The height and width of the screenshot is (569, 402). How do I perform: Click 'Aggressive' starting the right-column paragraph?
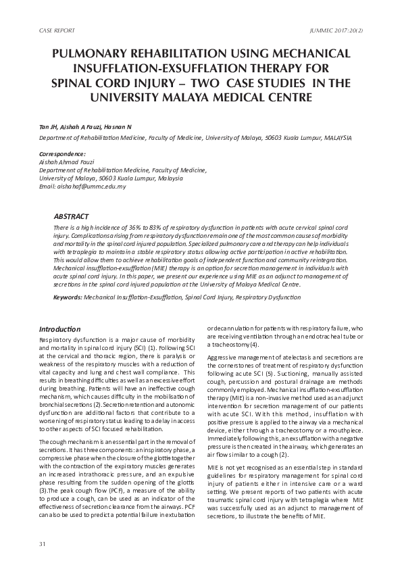click(x=224, y=355)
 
